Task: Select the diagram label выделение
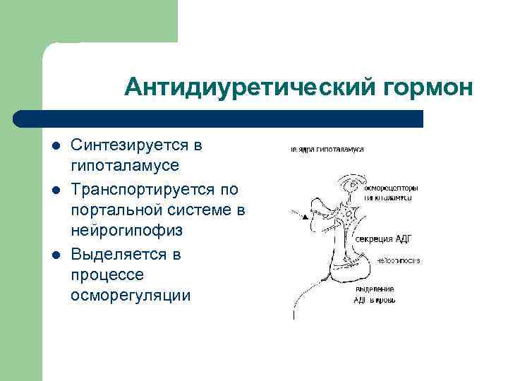375,289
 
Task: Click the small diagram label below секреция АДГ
397,260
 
